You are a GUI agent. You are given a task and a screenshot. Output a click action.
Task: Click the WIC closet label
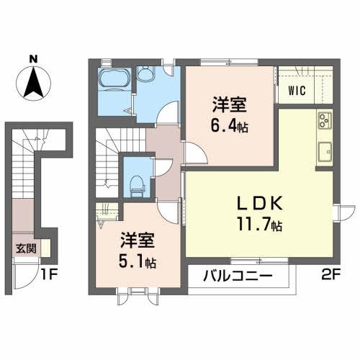pyautogui.click(x=297, y=91)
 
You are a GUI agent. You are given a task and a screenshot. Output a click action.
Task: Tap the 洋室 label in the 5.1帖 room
pyautogui.click(x=137, y=237)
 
